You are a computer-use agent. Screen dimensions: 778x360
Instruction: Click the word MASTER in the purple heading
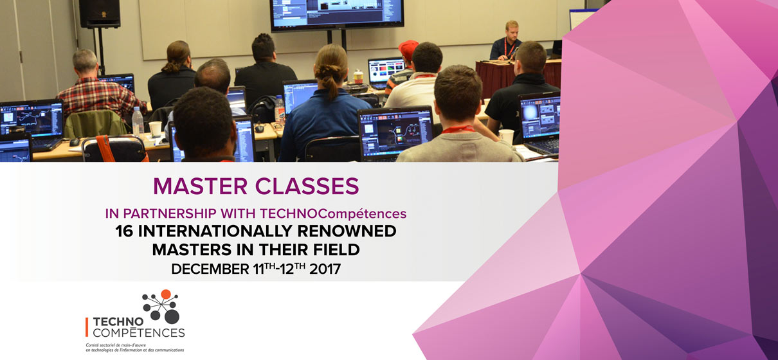[200, 186]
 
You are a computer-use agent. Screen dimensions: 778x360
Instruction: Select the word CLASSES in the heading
[307, 186]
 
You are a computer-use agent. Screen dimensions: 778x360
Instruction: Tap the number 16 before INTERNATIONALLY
[124, 231]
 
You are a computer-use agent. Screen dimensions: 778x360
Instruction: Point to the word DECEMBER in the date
[210, 269]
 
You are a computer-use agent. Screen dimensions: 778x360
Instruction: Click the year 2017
[325, 269]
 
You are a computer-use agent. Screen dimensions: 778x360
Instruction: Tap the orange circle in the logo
[166, 294]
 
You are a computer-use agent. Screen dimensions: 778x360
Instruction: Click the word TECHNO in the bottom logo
[118, 322]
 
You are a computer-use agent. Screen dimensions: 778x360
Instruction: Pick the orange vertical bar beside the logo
[87, 327]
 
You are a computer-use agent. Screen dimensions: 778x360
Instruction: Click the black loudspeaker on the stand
[100, 14]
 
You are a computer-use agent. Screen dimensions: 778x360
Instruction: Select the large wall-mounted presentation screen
[336, 14]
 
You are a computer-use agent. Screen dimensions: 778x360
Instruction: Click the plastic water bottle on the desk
[138, 122]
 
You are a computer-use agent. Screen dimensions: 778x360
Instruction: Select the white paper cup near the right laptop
[507, 136]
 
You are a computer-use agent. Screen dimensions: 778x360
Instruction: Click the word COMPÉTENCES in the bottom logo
[139, 333]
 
